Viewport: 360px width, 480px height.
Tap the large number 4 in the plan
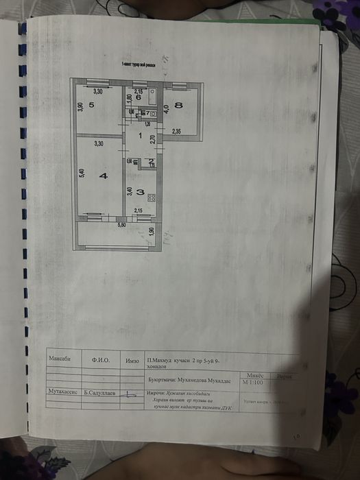(x=103, y=176)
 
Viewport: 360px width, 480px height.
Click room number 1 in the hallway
(x=140, y=136)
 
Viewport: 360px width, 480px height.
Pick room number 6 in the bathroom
(x=138, y=99)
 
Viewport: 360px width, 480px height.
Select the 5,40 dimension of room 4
(x=80, y=175)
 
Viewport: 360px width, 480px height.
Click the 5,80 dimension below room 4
(x=121, y=225)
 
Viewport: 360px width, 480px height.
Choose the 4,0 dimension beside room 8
(x=165, y=108)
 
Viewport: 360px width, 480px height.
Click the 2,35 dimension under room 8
(x=176, y=131)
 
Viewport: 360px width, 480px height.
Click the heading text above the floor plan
(x=140, y=64)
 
